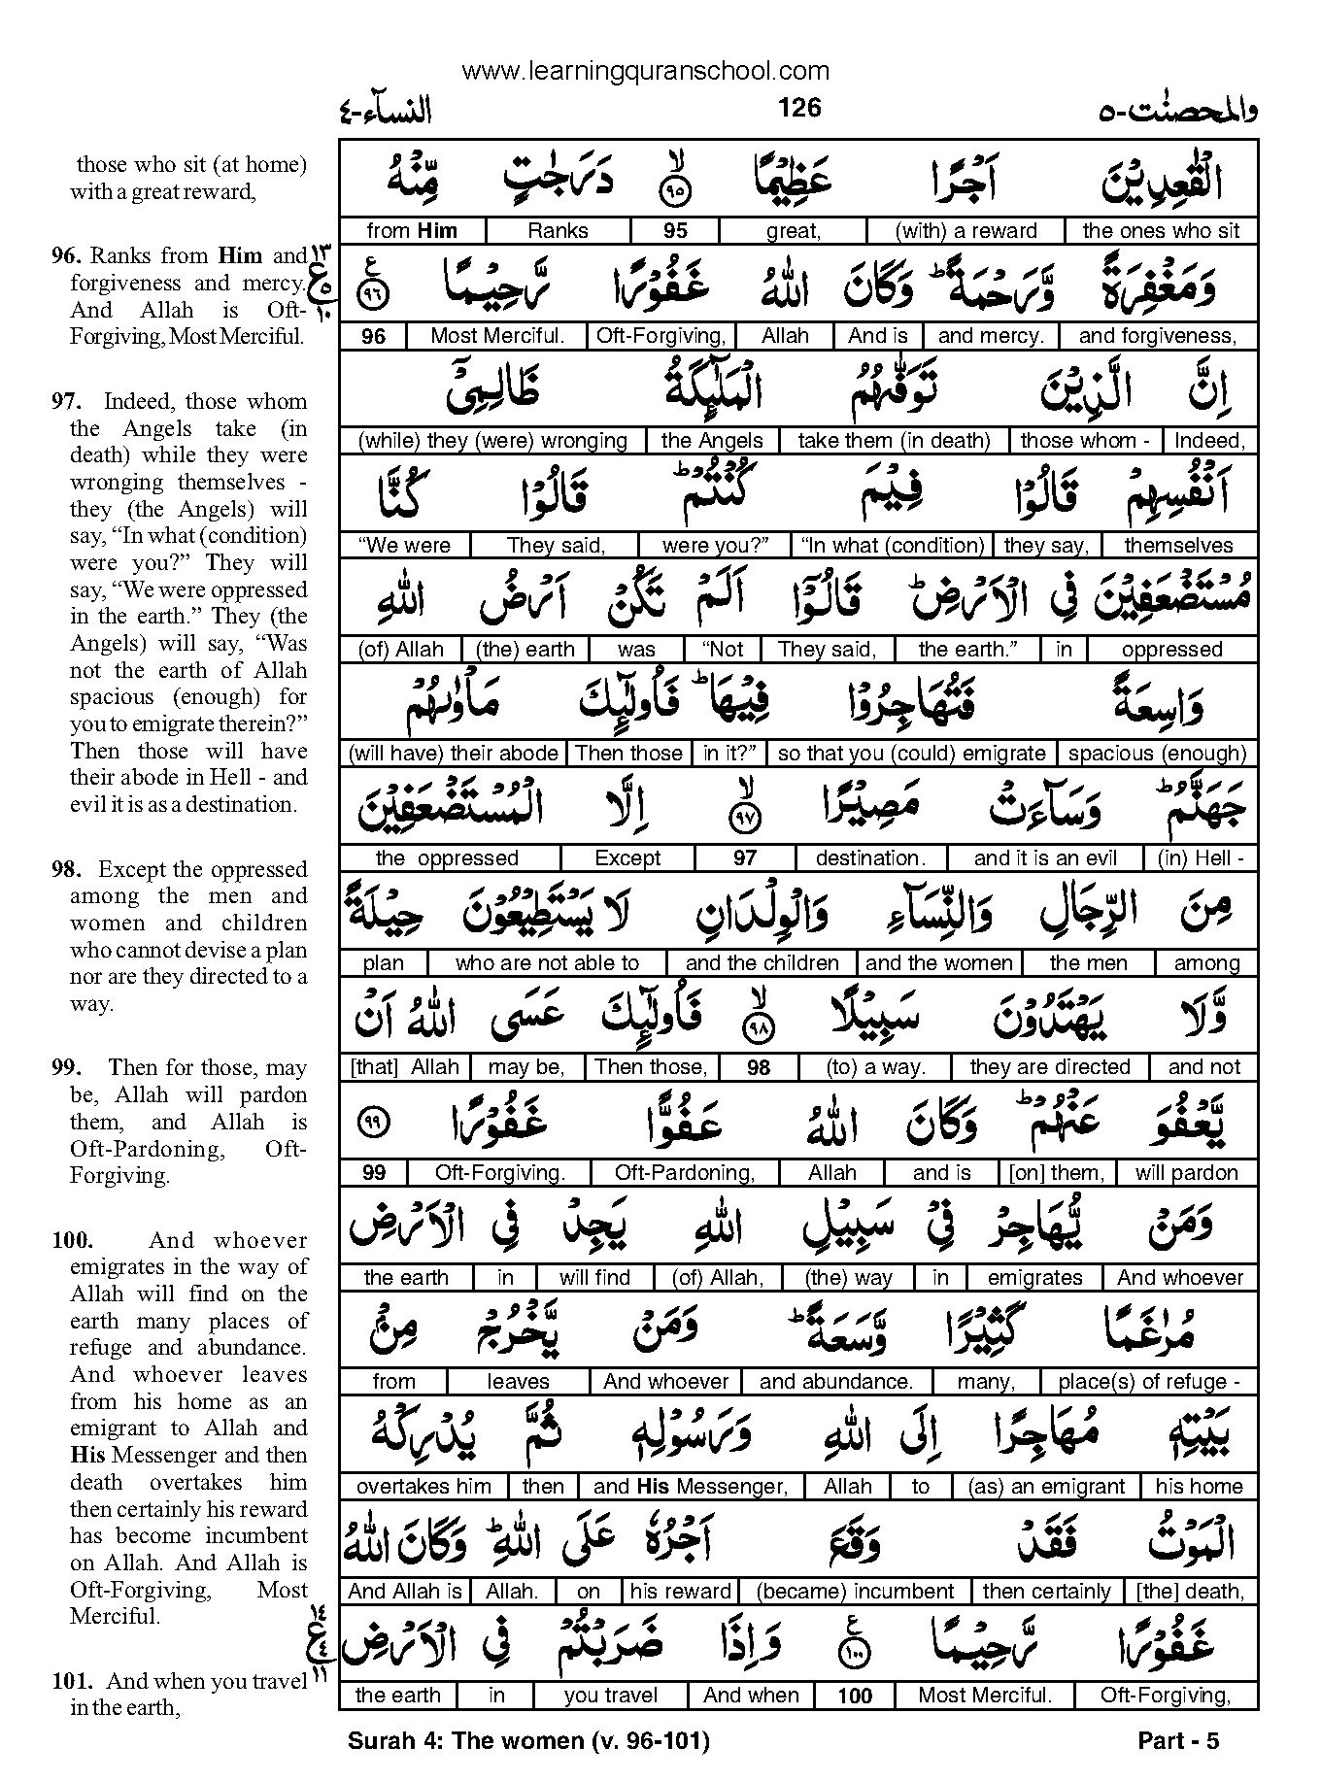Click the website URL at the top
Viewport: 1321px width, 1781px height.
[646, 70]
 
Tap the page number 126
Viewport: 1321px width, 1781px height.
[799, 108]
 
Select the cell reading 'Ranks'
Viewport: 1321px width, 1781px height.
[558, 230]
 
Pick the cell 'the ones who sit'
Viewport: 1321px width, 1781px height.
[1161, 230]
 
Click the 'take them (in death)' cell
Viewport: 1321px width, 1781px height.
[894, 441]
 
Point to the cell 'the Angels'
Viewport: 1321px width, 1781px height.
[712, 441]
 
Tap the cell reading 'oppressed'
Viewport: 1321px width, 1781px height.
[1171, 650]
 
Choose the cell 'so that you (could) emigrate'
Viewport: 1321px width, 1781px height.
[912, 754]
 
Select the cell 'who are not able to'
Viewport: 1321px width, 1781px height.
[547, 963]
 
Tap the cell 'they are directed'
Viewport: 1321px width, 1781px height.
[1050, 1067]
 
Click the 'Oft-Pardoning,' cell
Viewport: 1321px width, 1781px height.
[685, 1173]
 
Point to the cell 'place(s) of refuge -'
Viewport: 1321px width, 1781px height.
[1149, 1382]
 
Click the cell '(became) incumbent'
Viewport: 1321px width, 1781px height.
[856, 1592]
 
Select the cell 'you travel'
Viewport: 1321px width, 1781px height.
[611, 1697]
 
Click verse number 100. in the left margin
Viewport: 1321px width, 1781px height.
[73, 1241]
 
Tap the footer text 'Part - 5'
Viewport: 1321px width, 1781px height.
[1177, 1741]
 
